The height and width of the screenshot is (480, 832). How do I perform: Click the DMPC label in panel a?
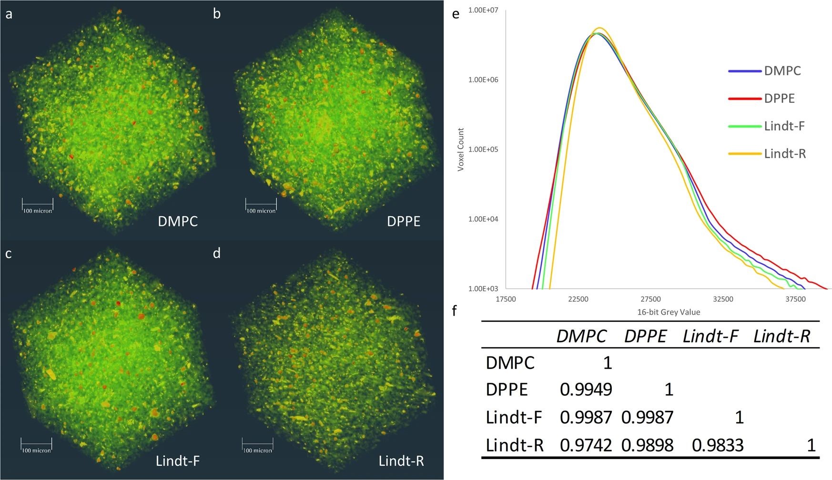(x=177, y=221)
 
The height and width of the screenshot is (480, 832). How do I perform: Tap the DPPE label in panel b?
(x=403, y=221)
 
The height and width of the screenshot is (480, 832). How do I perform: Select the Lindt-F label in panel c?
(x=177, y=461)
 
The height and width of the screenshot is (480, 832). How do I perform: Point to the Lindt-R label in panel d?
(x=401, y=461)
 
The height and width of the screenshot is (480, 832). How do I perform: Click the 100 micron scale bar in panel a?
(x=38, y=206)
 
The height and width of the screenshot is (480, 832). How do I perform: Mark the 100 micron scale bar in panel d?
(x=257, y=446)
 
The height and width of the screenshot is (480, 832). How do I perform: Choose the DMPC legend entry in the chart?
(x=782, y=71)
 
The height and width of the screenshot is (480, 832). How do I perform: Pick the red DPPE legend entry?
(x=779, y=99)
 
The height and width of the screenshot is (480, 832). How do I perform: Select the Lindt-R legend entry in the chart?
(x=784, y=153)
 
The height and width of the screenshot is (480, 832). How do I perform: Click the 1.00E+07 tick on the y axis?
(x=483, y=10)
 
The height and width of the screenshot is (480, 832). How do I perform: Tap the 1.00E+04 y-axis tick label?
(x=483, y=219)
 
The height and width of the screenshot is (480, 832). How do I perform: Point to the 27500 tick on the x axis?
(x=650, y=299)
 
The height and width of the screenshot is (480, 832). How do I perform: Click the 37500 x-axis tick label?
(x=795, y=299)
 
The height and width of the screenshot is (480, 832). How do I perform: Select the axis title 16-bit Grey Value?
(x=669, y=312)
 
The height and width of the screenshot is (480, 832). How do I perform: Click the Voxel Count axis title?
(x=461, y=149)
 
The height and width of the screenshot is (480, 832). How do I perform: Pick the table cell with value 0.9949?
(x=586, y=390)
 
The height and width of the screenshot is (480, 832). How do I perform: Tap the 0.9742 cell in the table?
(x=586, y=445)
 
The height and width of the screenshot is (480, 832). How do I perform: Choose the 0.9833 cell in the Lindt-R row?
(x=718, y=445)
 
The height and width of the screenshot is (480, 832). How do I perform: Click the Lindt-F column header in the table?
(x=710, y=337)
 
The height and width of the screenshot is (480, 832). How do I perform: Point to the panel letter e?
(x=456, y=14)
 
